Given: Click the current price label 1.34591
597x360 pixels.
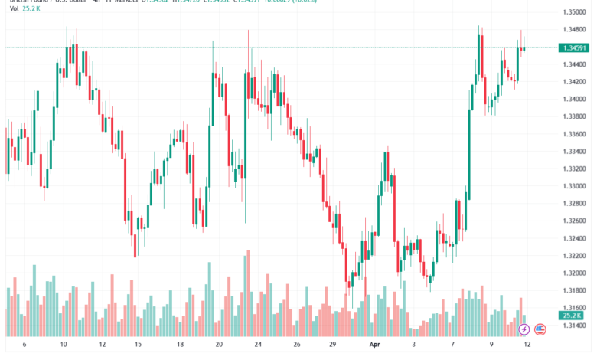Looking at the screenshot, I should (573, 47).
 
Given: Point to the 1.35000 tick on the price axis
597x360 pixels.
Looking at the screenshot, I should (573, 13).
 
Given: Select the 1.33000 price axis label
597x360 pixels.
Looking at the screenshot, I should (573, 186).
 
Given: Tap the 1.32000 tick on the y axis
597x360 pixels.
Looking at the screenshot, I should (573, 273).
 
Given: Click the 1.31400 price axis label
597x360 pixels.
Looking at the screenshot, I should (573, 325).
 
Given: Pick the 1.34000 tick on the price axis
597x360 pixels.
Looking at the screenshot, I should (573, 100).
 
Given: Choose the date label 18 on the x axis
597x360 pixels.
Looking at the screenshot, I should (180, 345).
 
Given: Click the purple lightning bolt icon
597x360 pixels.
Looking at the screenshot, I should (524, 329).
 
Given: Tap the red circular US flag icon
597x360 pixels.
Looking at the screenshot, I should (540, 329).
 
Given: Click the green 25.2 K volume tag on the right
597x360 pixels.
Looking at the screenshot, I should (572, 315).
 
